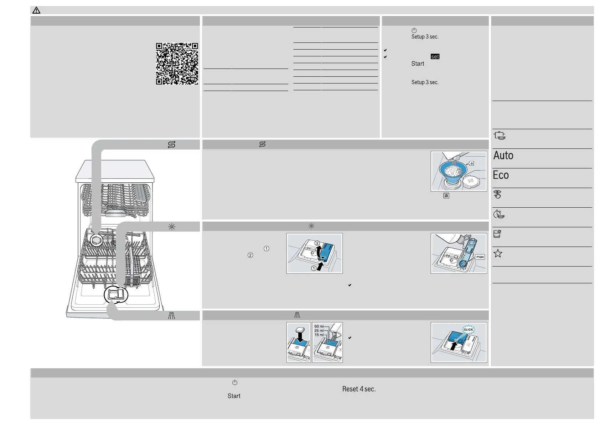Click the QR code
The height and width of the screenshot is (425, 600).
click(177, 64)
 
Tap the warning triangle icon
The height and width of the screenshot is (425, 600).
click(36, 10)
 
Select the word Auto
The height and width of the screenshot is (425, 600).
click(503, 156)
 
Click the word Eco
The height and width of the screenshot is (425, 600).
click(501, 175)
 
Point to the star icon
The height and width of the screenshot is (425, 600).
click(498, 254)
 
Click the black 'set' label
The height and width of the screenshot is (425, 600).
click(435, 56)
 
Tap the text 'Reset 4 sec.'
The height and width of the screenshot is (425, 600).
click(359, 389)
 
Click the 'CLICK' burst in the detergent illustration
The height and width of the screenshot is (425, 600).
click(468, 329)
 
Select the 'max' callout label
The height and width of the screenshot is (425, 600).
click(480, 257)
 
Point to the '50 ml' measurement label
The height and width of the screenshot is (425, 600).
click(319, 327)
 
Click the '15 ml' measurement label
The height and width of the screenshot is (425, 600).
click(319, 335)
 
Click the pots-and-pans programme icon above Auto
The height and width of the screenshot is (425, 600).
click(500, 136)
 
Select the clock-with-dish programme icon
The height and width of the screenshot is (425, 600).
click(498, 214)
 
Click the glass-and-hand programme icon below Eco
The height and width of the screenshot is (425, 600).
click(498, 194)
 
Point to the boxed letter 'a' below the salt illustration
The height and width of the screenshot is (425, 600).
click(446, 196)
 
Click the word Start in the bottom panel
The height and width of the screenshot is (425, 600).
click(234, 396)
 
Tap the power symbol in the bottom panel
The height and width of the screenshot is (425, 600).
click(234, 383)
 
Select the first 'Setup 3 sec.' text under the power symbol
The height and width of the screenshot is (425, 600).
click(425, 37)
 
